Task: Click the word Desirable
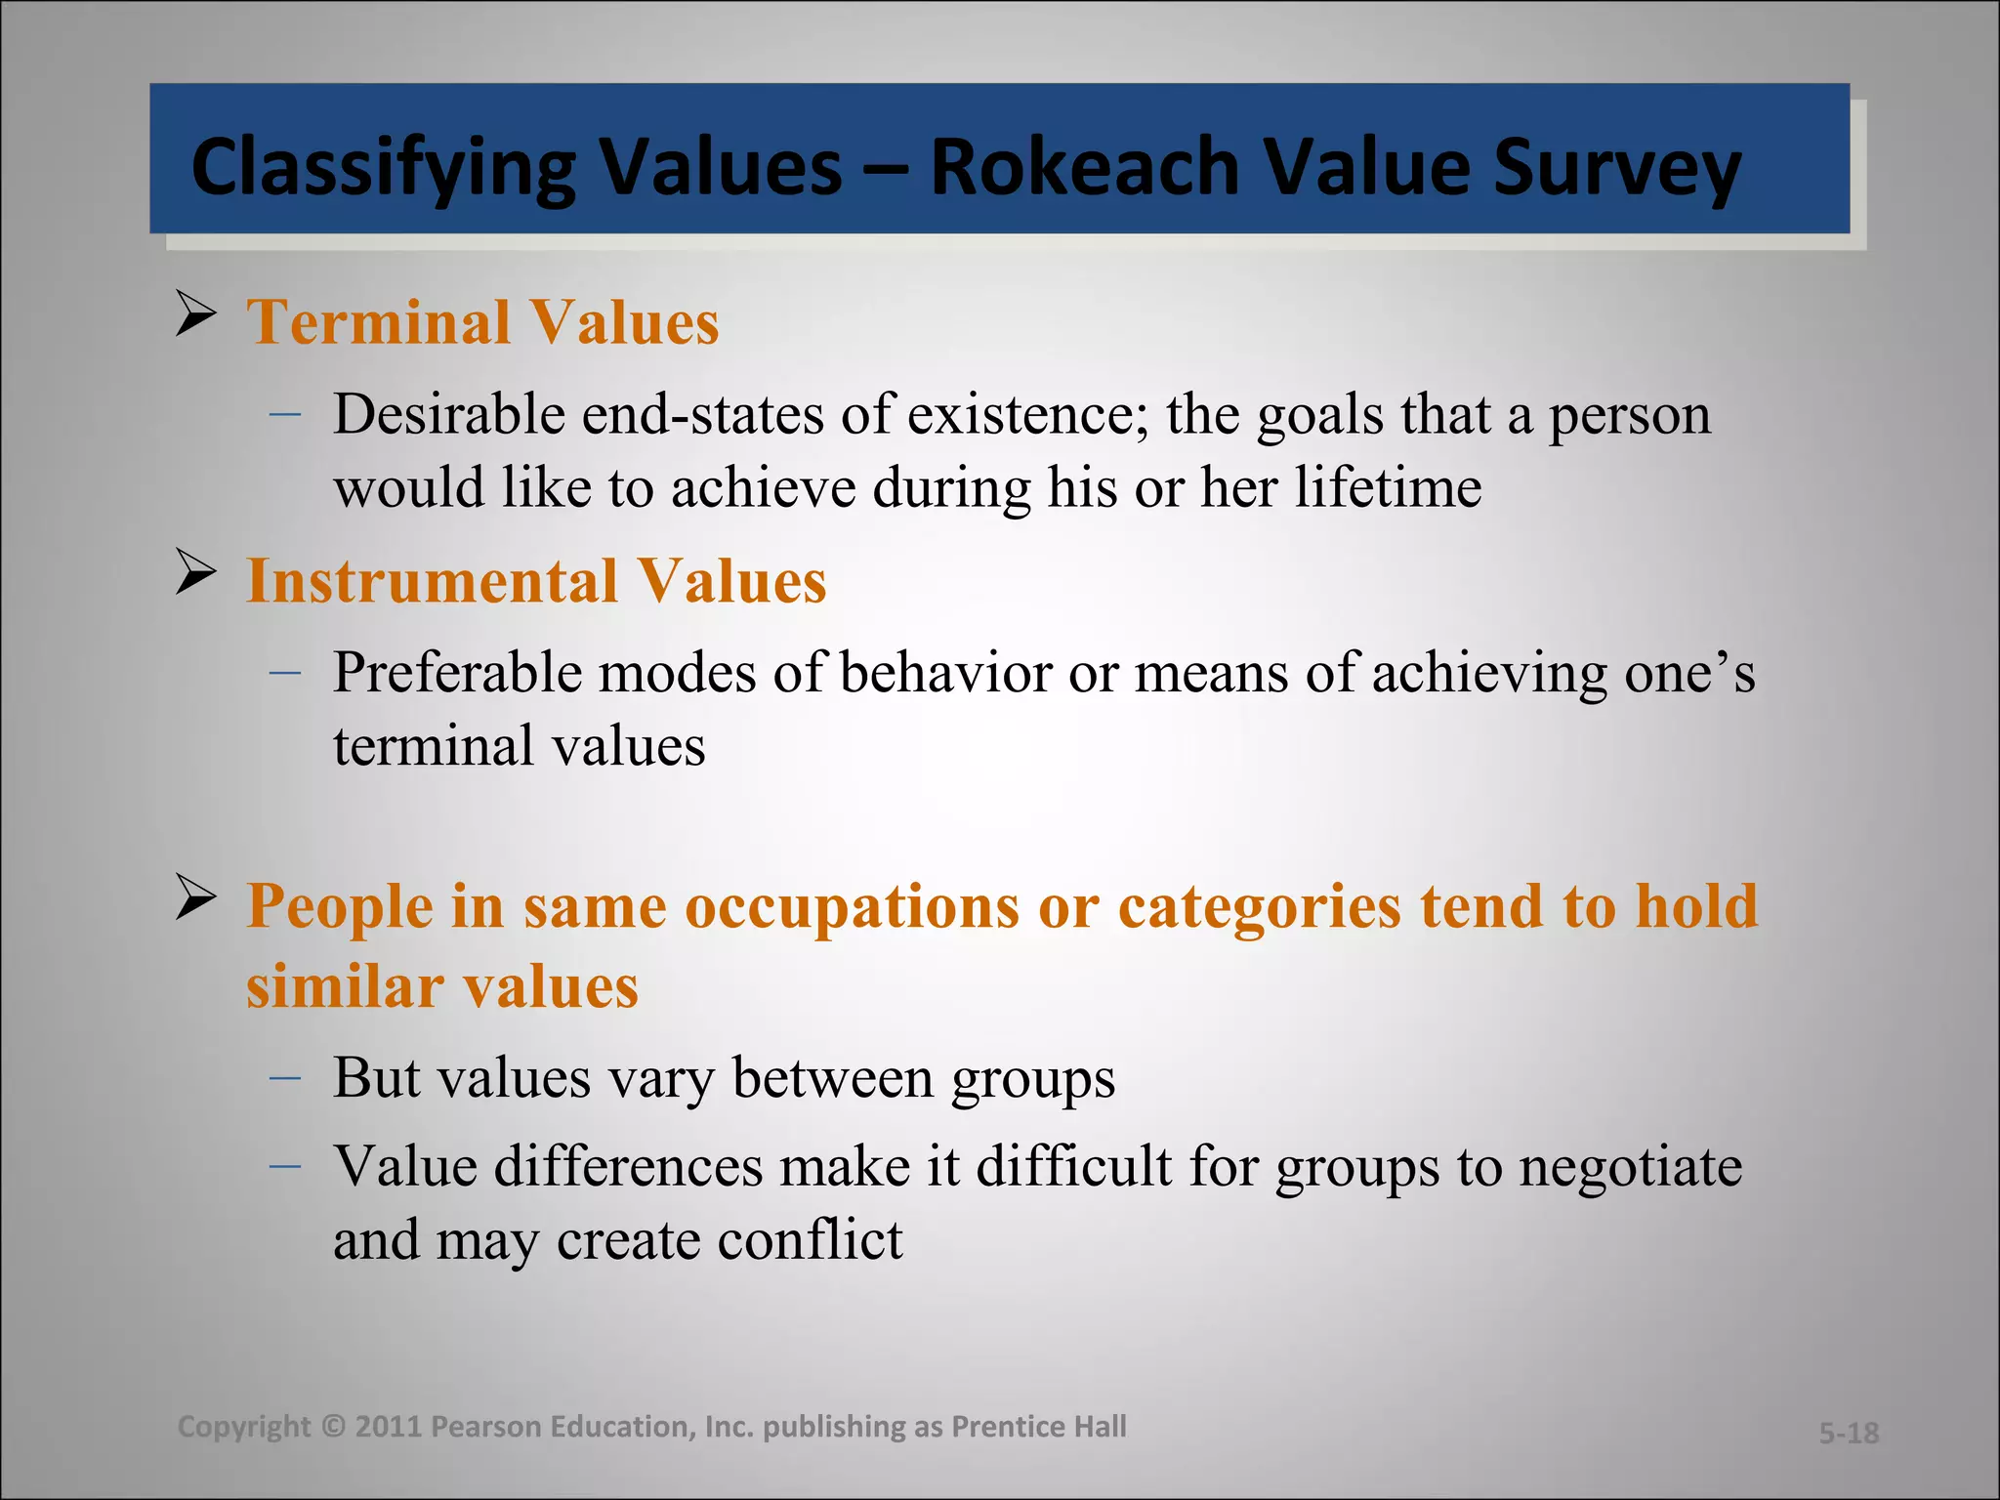448,414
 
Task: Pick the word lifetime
1388,486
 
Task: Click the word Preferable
457,673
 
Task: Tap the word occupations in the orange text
853,905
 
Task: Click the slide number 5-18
1849,1433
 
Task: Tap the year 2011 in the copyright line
388,1427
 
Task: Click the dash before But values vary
284,1077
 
